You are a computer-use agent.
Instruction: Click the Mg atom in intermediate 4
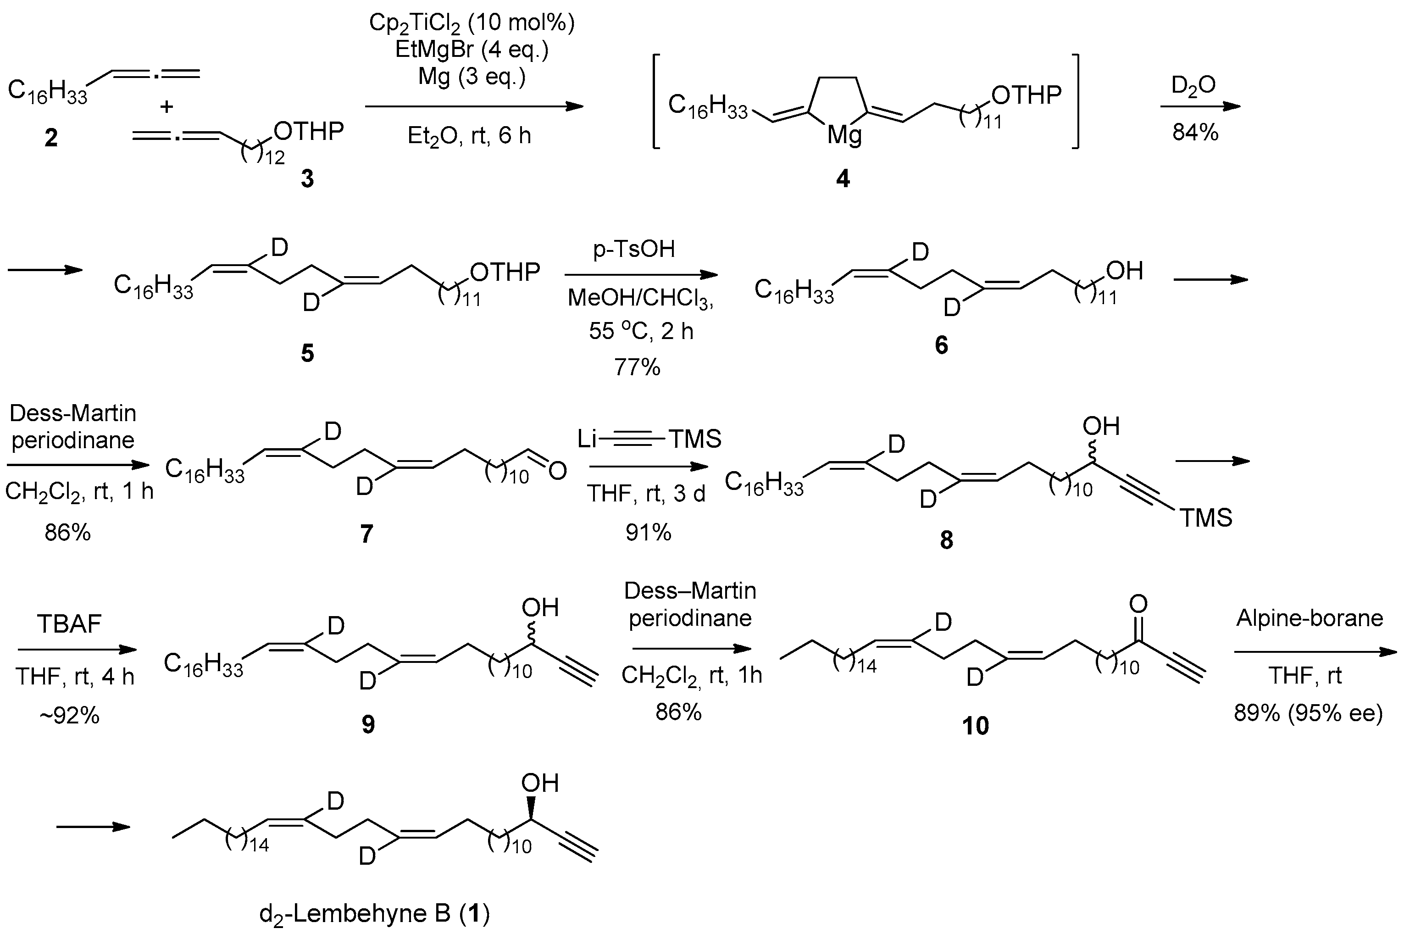tap(844, 136)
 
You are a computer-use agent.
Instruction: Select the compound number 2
tap(51, 138)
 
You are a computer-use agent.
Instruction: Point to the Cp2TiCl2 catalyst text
tap(472, 22)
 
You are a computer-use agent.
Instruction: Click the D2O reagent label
tap(1194, 86)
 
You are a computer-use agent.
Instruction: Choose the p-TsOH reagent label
tap(634, 249)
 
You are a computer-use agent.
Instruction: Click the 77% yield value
tap(637, 367)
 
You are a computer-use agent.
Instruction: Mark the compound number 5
tap(307, 353)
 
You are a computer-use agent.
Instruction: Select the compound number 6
tap(941, 345)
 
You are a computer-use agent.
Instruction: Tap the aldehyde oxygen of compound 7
tap(557, 471)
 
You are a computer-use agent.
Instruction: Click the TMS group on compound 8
tap(1206, 517)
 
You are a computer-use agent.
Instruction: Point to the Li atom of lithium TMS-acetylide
tap(587, 439)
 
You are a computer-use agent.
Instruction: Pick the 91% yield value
tap(648, 533)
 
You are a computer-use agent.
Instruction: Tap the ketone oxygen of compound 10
tap(1138, 605)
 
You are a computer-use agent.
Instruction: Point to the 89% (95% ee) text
tap(1308, 712)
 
